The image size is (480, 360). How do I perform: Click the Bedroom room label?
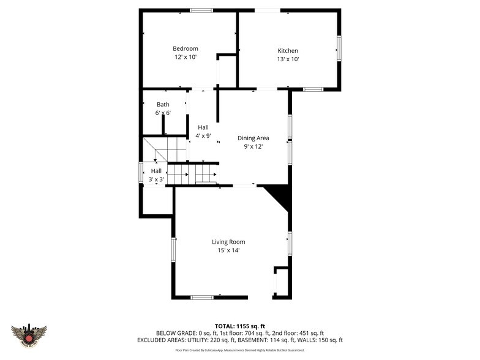[185, 49]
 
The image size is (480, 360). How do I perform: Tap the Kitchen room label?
[288, 51]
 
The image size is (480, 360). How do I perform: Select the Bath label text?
[163, 105]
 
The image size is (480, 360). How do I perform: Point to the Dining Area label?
[253, 138]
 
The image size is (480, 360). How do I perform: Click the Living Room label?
[228, 242]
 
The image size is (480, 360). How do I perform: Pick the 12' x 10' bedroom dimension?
[185, 58]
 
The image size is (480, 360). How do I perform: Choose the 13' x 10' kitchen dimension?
[288, 59]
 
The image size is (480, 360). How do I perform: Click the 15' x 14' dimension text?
[228, 250]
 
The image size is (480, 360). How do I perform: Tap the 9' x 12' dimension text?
[253, 147]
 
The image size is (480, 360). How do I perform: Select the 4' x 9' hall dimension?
[203, 135]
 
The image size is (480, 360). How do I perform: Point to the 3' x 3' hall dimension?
[157, 179]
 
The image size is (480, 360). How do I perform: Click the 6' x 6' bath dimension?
[163, 113]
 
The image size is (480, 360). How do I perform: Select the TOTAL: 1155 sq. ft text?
[239, 326]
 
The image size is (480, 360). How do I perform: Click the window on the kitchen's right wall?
[339, 48]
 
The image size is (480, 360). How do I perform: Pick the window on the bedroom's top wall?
[201, 10]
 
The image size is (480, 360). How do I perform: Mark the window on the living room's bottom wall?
[202, 298]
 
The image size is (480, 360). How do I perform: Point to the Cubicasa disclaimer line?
[239, 350]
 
